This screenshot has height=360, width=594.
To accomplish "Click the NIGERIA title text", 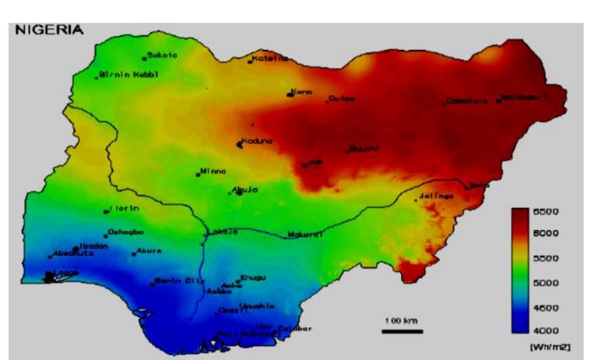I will click(49, 30).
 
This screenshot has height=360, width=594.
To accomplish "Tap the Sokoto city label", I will click(163, 56).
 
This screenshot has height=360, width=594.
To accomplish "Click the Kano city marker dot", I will click(290, 95).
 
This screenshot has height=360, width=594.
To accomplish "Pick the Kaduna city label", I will click(257, 142).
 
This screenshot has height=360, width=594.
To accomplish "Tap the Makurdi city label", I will click(306, 234).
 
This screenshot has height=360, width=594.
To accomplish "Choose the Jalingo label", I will click(436, 196).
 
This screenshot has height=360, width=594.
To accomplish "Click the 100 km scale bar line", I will click(403, 331).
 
